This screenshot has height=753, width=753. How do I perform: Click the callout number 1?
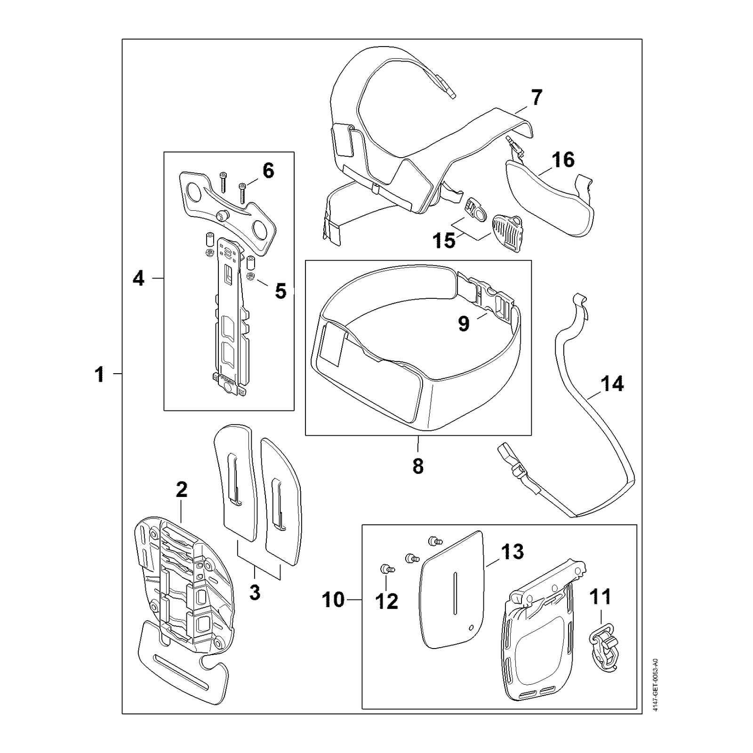pos(99,375)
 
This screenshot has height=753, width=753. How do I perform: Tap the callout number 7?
pos(537,97)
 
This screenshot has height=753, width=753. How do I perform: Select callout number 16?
pos(563,160)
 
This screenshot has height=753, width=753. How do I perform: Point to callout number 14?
pos(612,384)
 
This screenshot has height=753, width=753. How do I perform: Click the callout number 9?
pos(464,323)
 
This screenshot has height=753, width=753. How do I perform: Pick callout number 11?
pos(600,596)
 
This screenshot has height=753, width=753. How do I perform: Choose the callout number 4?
pos(138,279)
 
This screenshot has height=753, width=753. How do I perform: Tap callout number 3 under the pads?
pos(255,593)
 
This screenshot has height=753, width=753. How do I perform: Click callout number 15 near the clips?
pos(444,240)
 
